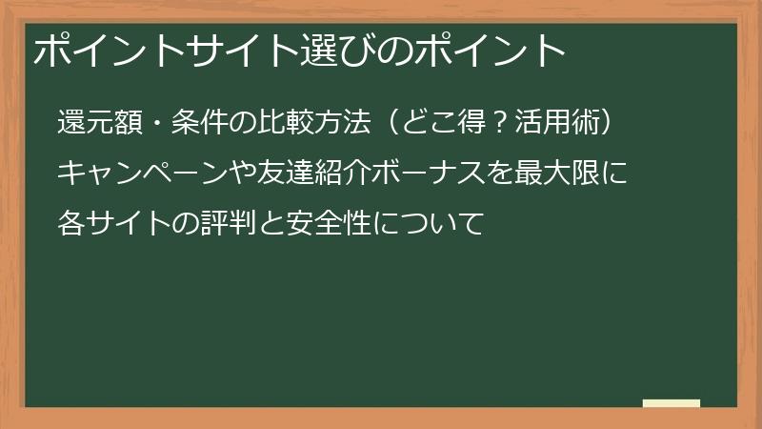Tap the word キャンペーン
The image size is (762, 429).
click(161, 174)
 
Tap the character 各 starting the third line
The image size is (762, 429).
click(73, 225)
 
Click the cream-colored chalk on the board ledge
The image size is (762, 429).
click(671, 403)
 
